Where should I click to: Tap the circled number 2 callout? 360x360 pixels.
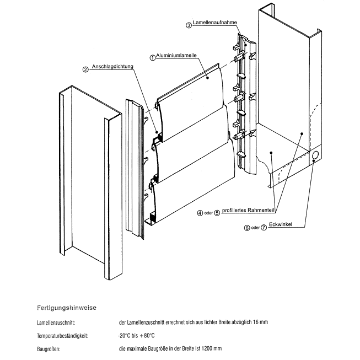[85, 69]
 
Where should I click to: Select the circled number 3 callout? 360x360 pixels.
[189, 25]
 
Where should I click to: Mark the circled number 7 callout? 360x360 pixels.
[264, 227]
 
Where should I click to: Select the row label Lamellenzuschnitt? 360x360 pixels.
[60, 322]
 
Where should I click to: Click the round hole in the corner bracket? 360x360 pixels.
[315, 156]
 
